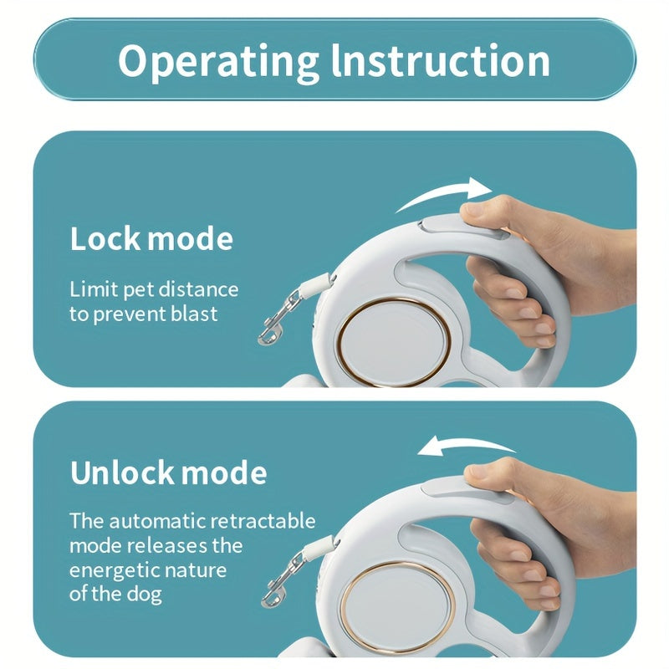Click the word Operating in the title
pos(218,62)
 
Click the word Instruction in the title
pos(441,60)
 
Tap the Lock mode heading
pos(151,238)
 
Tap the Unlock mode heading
pos(169,472)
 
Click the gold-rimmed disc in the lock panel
pos(394,344)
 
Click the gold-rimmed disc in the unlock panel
pos(399,605)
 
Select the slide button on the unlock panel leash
pos(465,490)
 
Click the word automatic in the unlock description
pos(155,521)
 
